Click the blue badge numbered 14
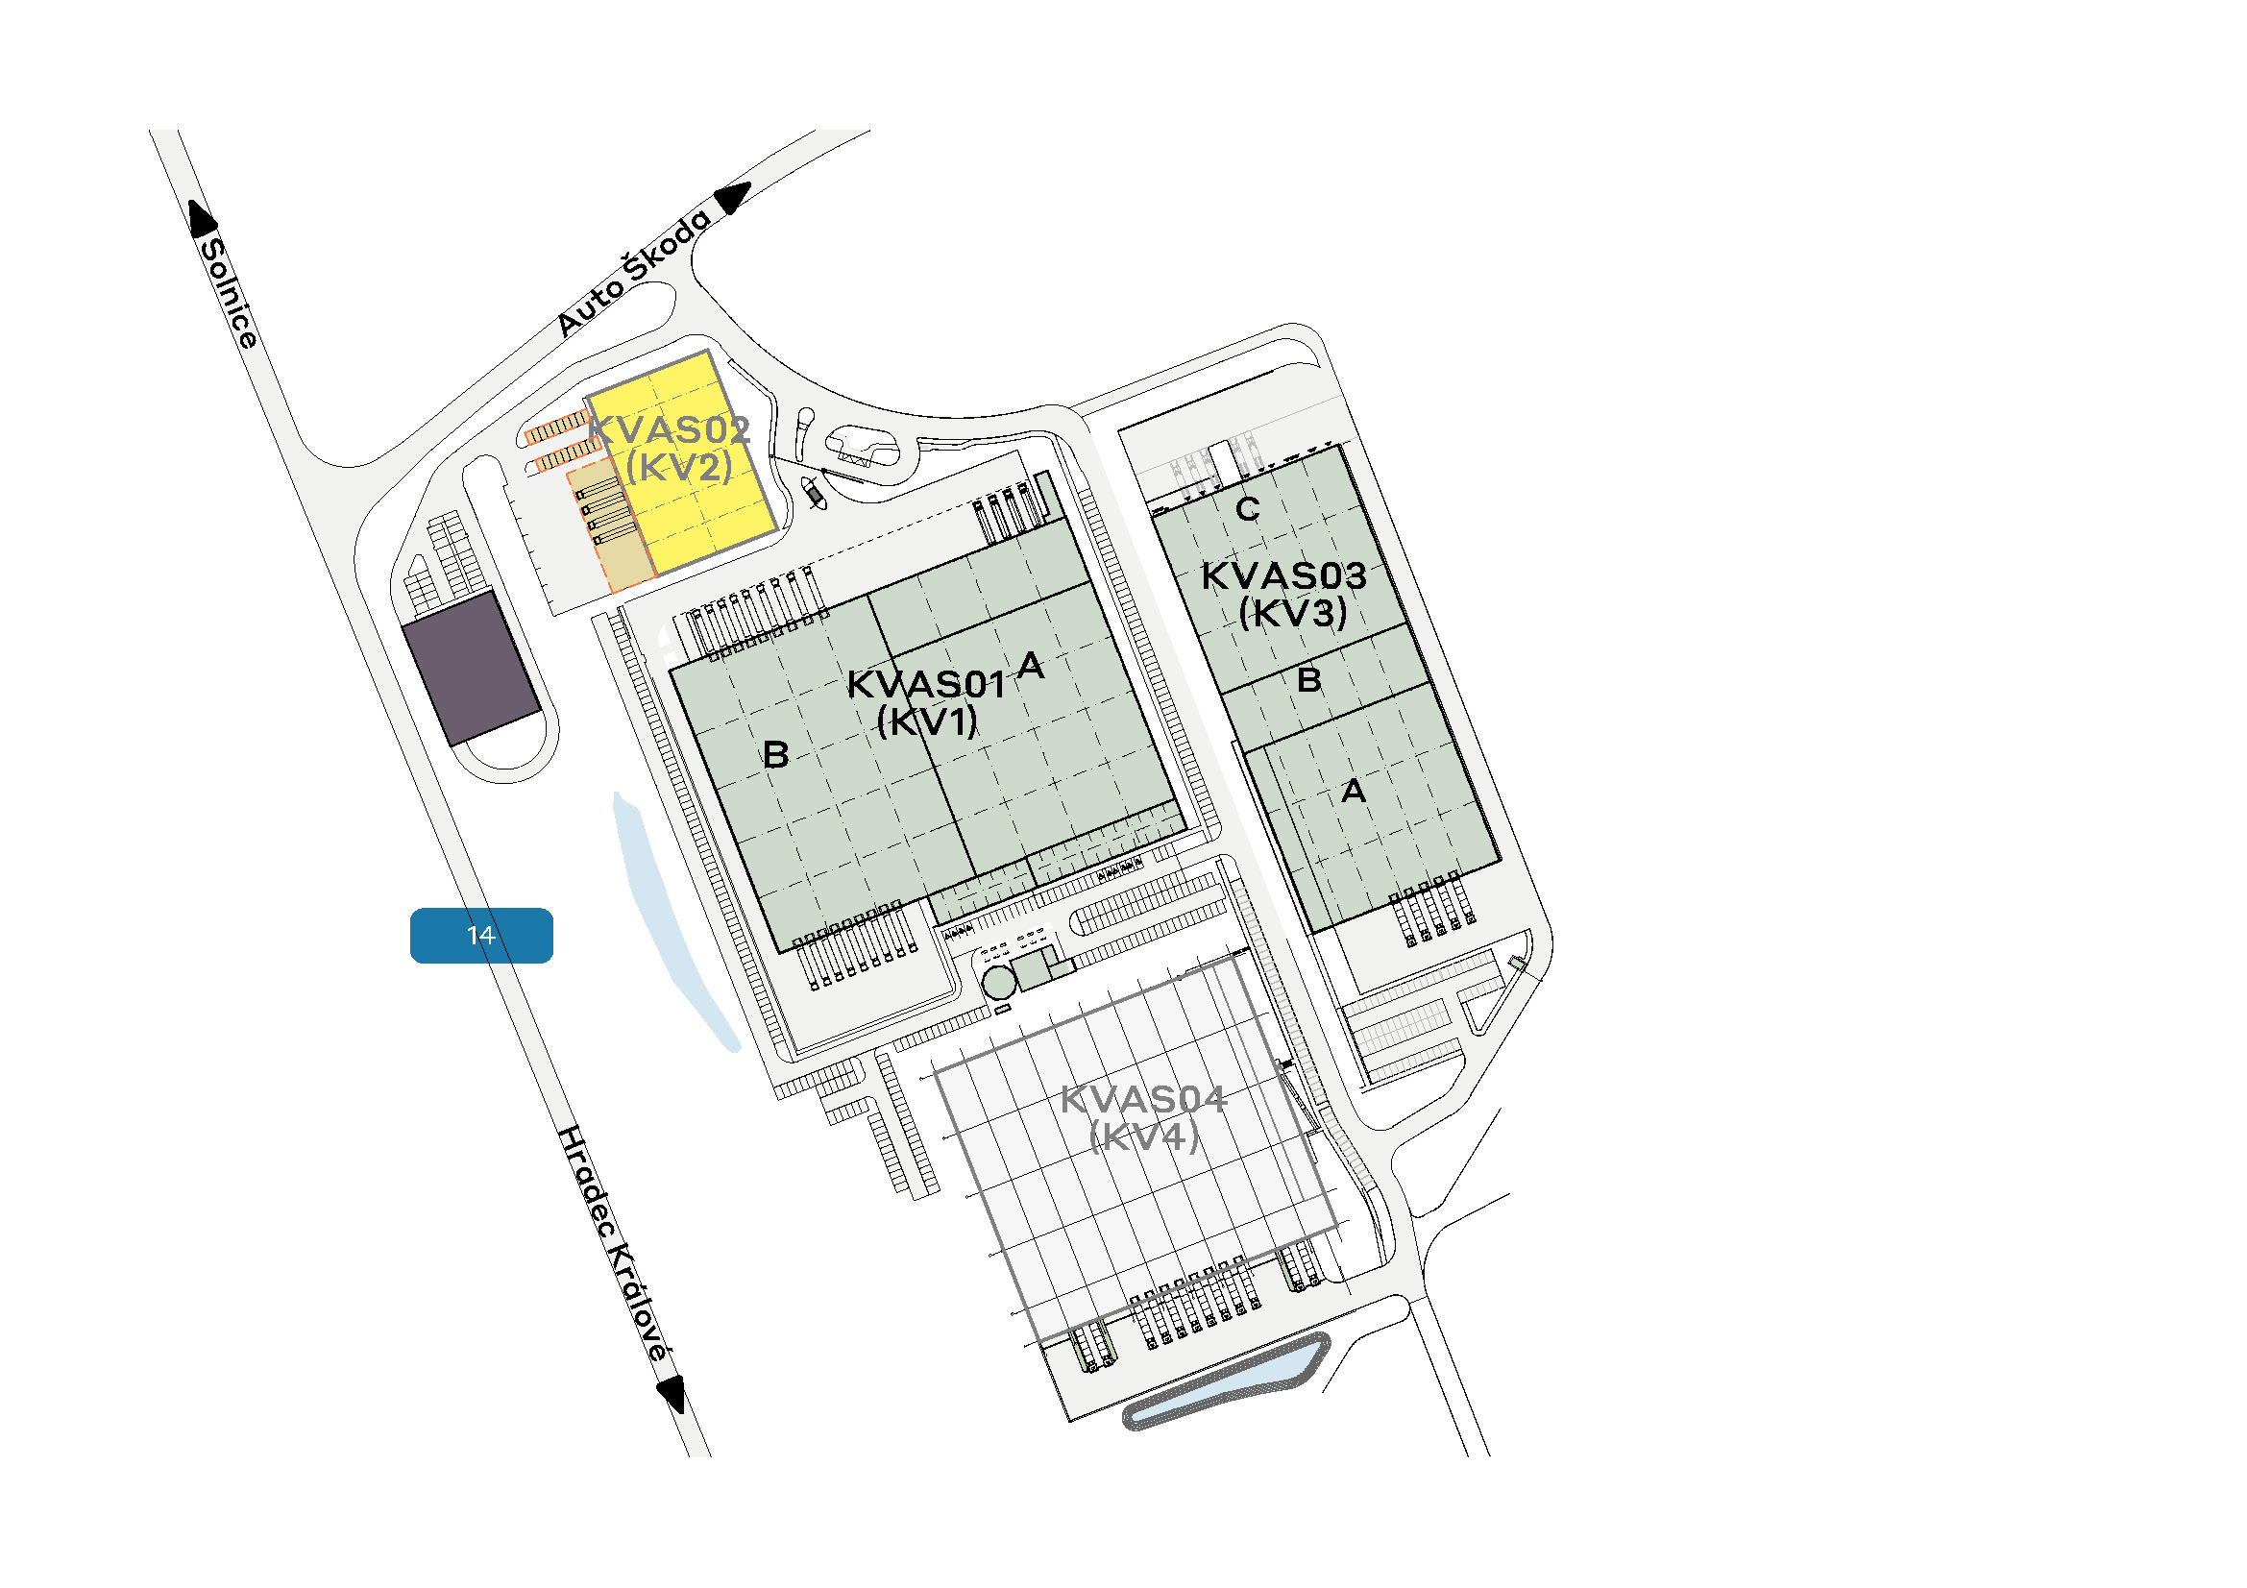tap(480, 936)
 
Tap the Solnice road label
tap(229, 293)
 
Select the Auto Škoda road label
tap(634, 272)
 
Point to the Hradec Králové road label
tap(614, 1243)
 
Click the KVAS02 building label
tap(671, 429)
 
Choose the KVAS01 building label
tap(926, 685)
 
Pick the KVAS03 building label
tap(1284, 575)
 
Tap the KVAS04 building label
tap(1143, 1100)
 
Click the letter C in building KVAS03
tap(1248, 509)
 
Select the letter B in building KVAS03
tap(1309, 679)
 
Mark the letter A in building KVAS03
tap(1354, 791)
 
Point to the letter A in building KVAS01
tap(1030, 666)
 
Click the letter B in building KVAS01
tap(776, 754)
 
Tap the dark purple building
tap(472, 668)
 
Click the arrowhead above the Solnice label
tap(202, 217)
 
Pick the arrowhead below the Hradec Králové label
tap(672, 1393)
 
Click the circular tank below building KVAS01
tap(999, 983)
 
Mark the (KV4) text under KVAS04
tap(1143, 1136)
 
